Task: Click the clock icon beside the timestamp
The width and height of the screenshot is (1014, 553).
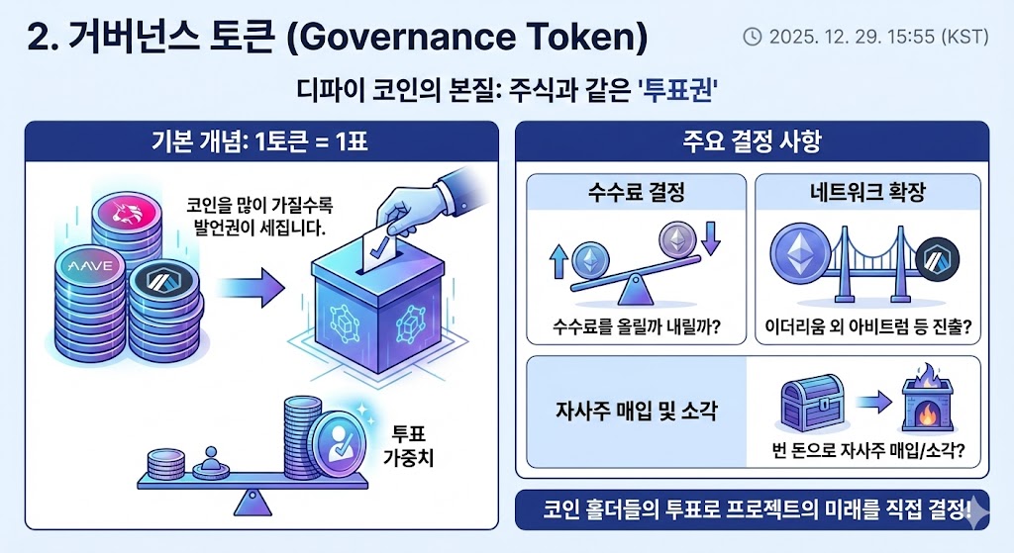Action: (x=753, y=37)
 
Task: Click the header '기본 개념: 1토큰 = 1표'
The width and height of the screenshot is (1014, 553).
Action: (x=260, y=141)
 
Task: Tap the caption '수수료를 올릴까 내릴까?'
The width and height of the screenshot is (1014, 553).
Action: (x=636, y=326)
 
